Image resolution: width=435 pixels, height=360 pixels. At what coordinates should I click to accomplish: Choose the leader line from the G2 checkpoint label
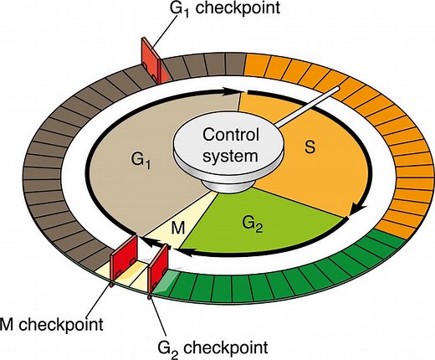click(155, 314)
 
